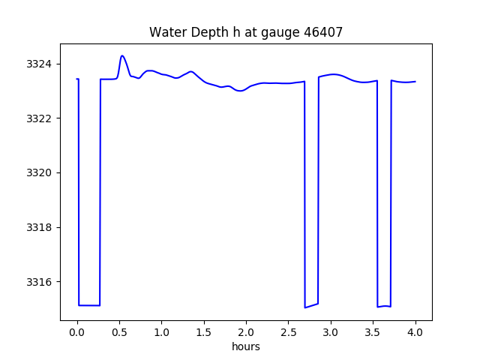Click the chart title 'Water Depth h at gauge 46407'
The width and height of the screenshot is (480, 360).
click(245, 32)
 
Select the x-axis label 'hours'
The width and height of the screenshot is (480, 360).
click(245, 346)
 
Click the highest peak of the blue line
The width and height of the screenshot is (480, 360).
click(121, 55)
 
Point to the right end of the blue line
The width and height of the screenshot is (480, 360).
click(415, 82)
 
